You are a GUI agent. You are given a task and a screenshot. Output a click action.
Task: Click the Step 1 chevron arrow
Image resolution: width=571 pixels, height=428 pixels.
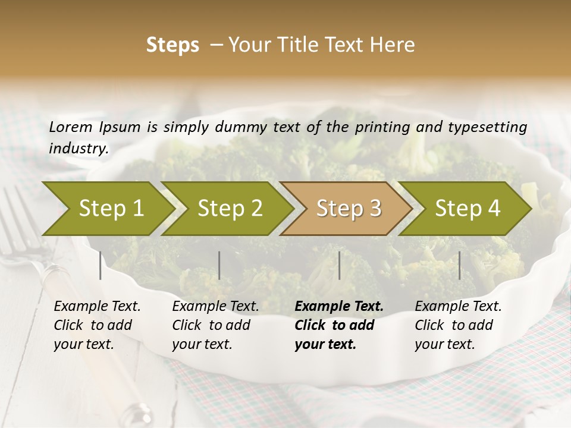click(107, 209)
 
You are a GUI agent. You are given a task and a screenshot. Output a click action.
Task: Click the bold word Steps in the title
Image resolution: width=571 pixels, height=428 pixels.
click(172, 45)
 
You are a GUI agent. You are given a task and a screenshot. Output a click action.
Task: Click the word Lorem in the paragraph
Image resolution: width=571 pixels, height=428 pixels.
click(70, 127)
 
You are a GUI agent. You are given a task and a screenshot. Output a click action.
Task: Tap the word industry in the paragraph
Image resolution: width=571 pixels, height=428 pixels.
click(78, 148)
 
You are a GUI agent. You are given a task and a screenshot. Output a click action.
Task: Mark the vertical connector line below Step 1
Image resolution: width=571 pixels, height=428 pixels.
click(101, 265)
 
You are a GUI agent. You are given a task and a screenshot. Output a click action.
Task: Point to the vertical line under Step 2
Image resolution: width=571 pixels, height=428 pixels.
click(219, 265)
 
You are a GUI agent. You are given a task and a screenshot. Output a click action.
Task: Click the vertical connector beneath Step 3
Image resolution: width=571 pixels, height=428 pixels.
click(339, 265)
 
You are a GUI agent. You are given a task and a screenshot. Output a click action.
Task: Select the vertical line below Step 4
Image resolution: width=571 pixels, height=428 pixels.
click(459, 265)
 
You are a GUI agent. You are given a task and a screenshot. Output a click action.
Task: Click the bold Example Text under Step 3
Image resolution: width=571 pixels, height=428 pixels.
click(339, 307)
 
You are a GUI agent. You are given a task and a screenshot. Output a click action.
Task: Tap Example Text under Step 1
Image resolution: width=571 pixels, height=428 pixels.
click(97, 307)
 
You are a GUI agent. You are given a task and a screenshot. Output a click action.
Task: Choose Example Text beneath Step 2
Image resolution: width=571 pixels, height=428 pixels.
click(215, 307)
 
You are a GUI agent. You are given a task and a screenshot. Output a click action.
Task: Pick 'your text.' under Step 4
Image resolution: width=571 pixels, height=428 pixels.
click(444, 344)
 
